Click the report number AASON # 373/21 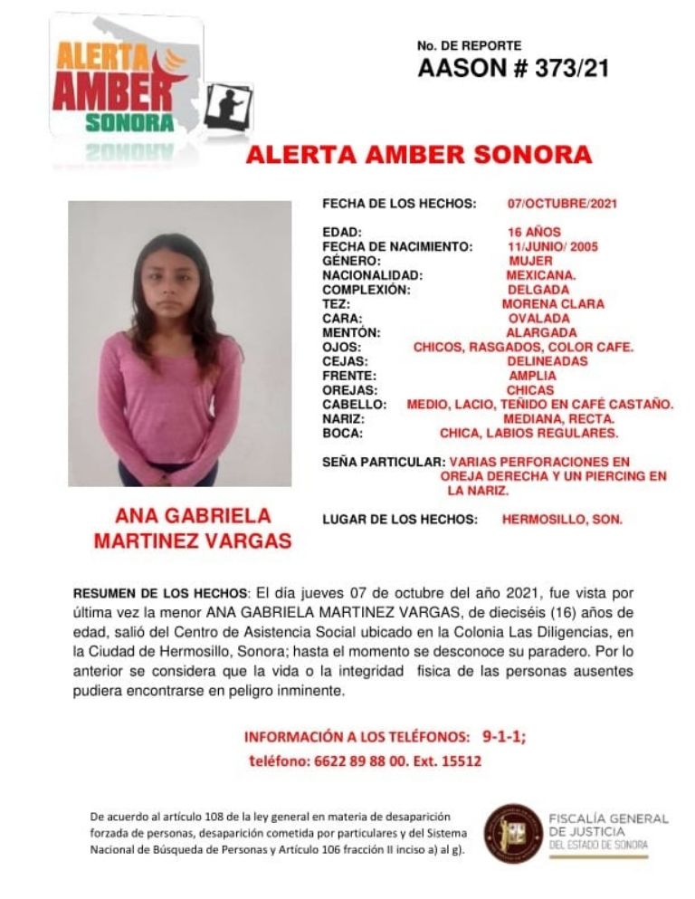pos(513,69)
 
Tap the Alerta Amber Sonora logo pos(122,86)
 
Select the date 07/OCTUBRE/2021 pos(562,204)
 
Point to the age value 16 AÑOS pos(534,233)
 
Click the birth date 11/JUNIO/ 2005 pos(553,246)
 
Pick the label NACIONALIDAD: pos(373,275)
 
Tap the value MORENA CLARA pos(553,304)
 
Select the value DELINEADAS pos(547,361)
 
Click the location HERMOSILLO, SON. pos(562,520)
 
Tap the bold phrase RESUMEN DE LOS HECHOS pos(160,594)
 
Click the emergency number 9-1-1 pos(504,736)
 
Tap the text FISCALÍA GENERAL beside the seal pos(608,819)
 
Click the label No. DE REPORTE pos(469,45)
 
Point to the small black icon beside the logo pos(228,107)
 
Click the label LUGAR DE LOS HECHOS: pos(400,520)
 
